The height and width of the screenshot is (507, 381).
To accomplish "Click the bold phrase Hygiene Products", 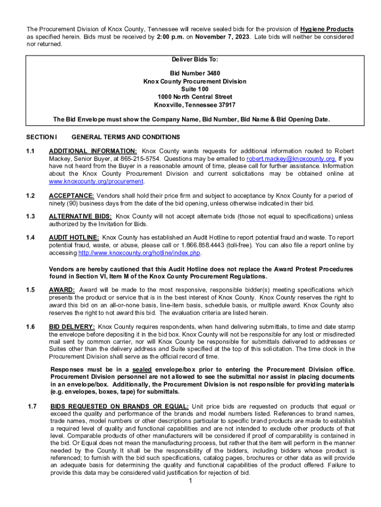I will pyautogui.click(x=327, y=29).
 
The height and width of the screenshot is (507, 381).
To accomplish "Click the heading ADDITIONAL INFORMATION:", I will pyautogui.click(x=93, y=151).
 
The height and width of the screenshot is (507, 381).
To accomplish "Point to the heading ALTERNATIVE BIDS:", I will pyautogui.click(x=80, y=216).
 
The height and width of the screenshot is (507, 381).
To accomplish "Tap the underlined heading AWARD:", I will pyautogui.click(x=62, y=290).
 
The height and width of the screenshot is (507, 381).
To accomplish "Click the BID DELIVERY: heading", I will pyautogui.click(x=72, y=326).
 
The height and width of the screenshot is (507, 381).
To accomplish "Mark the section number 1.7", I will pyautogui.click(x=32, y=406).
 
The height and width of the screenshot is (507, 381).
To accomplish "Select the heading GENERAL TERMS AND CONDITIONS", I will pyautogui.click(x=126, y=137).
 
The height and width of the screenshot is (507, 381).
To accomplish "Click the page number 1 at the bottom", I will pyautogui.click(x=190, y=482).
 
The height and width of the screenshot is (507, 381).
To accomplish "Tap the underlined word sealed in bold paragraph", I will pyautogui.click(x=142, y=370).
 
